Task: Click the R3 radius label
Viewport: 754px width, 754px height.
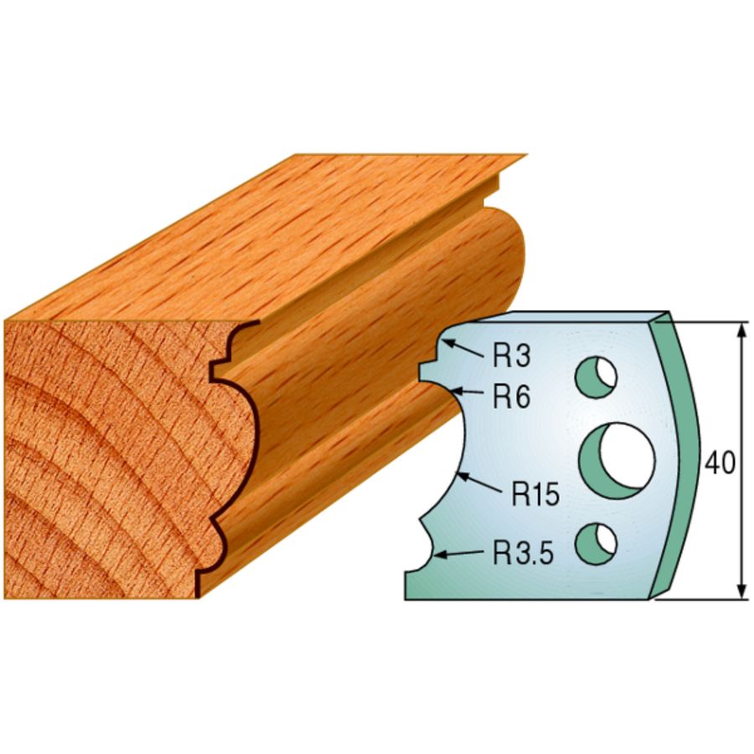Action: (511, 356)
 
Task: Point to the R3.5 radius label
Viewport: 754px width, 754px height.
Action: (522, 553)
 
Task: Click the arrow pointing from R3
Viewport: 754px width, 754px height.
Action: (464, 349)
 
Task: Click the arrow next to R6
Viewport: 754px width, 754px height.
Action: (467, 390)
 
